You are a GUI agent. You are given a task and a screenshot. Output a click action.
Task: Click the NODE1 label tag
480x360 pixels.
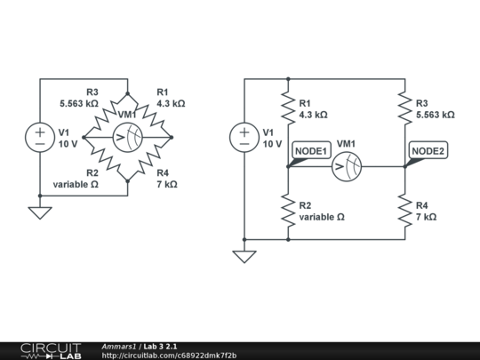point(312,151)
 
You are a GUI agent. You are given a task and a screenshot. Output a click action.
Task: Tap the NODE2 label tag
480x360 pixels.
point(427,151)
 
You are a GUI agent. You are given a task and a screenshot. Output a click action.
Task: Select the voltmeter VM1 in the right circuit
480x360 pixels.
point(348,165)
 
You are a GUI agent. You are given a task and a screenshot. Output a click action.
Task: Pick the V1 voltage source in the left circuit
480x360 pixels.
point(40,137)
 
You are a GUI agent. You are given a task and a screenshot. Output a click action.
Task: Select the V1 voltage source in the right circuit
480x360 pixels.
point(244,137)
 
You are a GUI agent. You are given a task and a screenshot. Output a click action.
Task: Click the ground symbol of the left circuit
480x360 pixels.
point(40,212)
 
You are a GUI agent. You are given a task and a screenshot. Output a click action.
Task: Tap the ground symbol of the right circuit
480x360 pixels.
point(244,256)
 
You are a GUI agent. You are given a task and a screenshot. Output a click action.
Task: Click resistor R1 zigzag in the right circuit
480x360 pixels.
point(289,108)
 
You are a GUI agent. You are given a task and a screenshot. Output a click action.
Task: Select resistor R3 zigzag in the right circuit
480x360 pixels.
point(404,108)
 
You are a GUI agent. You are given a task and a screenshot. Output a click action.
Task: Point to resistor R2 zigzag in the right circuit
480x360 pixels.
point(289,211)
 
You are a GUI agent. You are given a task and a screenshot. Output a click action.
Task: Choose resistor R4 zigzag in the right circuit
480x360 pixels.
point(404,211)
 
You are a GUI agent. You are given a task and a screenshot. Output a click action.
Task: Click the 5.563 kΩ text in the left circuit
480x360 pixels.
point(80,103)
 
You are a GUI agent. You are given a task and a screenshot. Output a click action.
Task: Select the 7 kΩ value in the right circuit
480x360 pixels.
point(427,216)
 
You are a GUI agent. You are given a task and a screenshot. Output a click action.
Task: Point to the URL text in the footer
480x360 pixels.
point(169,355)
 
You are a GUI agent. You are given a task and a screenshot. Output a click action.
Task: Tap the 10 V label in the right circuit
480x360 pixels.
point(272,142)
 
